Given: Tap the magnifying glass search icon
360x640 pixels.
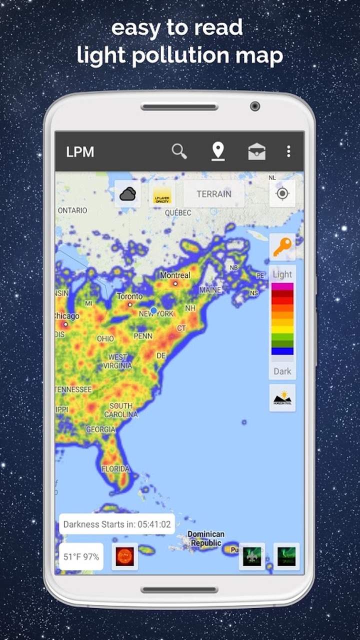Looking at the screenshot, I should (179, 150).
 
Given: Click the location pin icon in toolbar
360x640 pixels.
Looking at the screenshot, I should (218, 150).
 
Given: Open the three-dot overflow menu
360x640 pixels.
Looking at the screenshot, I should (288, 151).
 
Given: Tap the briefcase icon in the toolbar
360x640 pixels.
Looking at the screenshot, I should (257, 151).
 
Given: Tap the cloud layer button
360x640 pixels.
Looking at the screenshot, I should (127, 193).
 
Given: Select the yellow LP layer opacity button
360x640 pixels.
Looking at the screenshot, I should (162, 194).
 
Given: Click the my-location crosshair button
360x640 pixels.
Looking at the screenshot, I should (282, 193).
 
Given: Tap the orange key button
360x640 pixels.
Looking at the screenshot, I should (282, 247).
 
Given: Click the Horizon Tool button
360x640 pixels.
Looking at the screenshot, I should (282, 398).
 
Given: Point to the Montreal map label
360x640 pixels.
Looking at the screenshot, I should (175, 275).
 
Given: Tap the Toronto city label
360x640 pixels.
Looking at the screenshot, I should (129, 296).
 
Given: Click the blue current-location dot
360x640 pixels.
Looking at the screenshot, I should (154, 310).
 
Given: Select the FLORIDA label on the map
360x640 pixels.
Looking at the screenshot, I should (115, 469).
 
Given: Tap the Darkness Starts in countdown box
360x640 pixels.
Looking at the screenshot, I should (117, 524).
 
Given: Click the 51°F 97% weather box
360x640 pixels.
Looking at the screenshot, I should (81, 556).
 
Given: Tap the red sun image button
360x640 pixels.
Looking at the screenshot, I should (125, 556).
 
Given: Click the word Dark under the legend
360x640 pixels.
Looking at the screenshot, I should (282, 371).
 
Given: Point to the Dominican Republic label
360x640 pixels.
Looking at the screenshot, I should (206, 538).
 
